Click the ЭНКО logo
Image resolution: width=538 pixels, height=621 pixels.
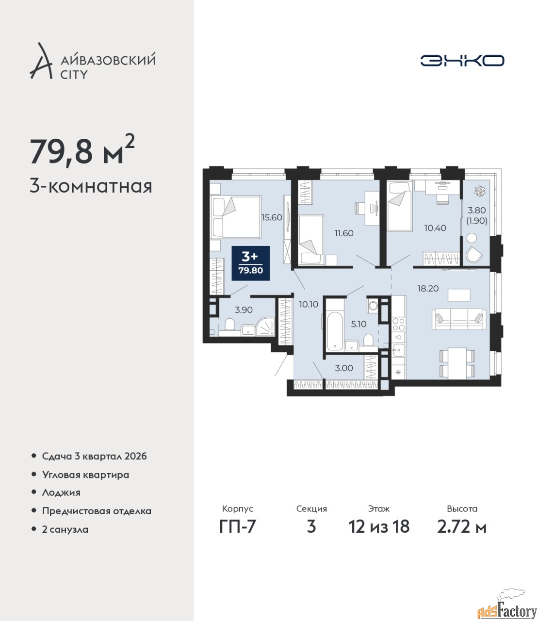click(x=462, y=60)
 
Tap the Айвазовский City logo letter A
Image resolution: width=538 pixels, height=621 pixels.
click(x=41, y=61)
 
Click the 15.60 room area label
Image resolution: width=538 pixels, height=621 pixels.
click(x=272, y=217)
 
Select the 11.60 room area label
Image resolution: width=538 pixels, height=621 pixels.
click(x=344, y=233)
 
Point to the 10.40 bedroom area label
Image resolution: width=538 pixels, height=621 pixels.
click(x=435, y=228)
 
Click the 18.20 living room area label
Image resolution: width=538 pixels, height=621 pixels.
click(x=428, y=288)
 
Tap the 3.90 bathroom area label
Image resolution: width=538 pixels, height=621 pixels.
click(x=244, y=310)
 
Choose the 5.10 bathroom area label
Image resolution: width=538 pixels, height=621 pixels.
click(x=359, y=324)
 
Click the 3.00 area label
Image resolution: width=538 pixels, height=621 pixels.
click(x=344, y=368)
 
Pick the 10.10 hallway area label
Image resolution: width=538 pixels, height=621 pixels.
click(x=309, y=304)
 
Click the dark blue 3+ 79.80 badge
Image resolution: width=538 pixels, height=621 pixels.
click(x=250, y=263)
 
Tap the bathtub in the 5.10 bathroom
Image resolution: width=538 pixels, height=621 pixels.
click(x=334, y=332)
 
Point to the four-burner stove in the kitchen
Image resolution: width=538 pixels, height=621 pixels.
click(x=398, y=324)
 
